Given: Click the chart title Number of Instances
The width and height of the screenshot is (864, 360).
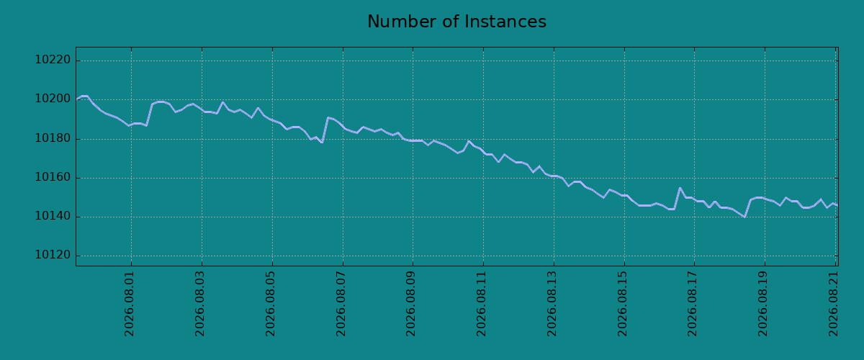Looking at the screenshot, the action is click(456, 22).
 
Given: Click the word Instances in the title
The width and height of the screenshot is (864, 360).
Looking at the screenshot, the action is click(505, 22).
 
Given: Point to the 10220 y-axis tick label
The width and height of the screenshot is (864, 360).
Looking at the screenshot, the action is click(53, 60).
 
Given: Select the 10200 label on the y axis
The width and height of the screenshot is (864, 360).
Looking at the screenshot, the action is click(53, 99).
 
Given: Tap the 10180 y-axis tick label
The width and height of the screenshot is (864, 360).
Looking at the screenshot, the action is click(53, 138).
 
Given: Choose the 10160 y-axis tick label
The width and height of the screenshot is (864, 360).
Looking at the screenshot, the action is click(53, 177).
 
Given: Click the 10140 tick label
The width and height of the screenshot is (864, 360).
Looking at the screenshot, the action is click(53, 216).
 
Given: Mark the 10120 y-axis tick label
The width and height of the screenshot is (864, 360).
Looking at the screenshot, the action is click(53, 255).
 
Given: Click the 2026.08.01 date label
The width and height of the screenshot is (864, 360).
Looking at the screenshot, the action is click(129, 304).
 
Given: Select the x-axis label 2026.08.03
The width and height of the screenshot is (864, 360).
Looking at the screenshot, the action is click(200, 304).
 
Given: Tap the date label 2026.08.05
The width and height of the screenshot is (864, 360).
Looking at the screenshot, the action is click(271, 304).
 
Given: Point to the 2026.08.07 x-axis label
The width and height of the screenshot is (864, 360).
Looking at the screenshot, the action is click(341, 304).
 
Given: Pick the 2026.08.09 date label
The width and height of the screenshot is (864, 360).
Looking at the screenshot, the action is click(411, 304).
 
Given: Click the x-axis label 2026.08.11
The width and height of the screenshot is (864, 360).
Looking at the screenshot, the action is click(482, 304).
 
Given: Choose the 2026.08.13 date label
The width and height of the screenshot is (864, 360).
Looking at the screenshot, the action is click(552, 304).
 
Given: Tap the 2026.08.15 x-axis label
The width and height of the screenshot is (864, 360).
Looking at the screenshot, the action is click(623, 304).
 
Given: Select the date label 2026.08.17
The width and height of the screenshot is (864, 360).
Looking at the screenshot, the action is click(693, 304).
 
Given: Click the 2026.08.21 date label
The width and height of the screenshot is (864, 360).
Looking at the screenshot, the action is click(834, 304).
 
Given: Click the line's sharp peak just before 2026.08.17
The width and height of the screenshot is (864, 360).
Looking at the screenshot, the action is click(680, 188).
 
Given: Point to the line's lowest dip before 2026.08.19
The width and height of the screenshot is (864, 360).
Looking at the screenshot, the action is click(744, 217).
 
